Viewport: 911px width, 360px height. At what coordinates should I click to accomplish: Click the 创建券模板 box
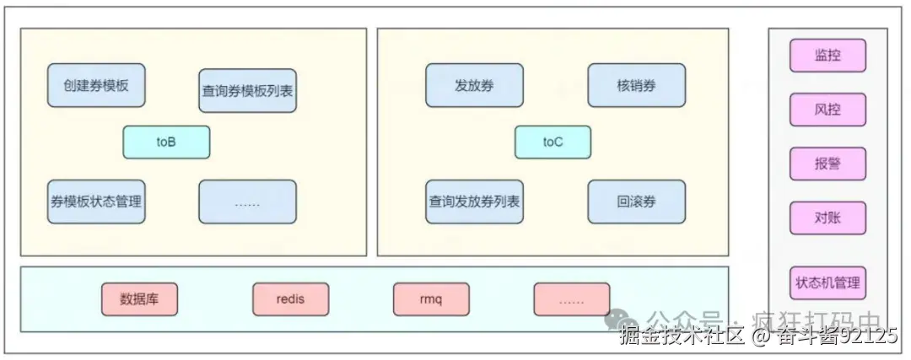[96, 85]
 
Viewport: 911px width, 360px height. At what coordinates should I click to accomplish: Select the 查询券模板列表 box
[247, 91]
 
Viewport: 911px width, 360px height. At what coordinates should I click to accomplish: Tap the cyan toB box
[166, 142]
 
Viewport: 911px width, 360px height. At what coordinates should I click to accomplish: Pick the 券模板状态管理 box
[96, 201]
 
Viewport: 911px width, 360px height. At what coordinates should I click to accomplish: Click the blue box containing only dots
[247, 201]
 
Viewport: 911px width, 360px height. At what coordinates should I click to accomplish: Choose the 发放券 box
[474, 85]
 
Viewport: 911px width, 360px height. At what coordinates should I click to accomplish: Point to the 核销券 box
[636, 85]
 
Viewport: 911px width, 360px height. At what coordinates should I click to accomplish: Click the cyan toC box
[553, 142]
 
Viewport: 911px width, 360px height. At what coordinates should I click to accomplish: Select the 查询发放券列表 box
[474, 201]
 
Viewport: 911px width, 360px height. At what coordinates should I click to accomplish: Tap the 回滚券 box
[636, 201]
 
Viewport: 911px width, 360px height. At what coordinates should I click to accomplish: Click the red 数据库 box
[139, 298]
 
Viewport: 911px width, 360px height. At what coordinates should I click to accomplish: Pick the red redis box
[290, 298]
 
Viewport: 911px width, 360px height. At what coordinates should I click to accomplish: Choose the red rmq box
[430, 298]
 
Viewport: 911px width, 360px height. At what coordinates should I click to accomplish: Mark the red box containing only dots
[571, 298]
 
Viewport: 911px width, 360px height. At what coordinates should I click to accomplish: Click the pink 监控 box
[827, 56]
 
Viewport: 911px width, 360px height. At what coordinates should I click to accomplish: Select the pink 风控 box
[827, 110]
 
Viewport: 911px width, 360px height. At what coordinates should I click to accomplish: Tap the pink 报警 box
[827, 164]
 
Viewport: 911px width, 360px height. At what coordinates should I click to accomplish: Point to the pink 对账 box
[827, 218]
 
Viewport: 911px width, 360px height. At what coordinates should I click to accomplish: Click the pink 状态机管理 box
[827, 282]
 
